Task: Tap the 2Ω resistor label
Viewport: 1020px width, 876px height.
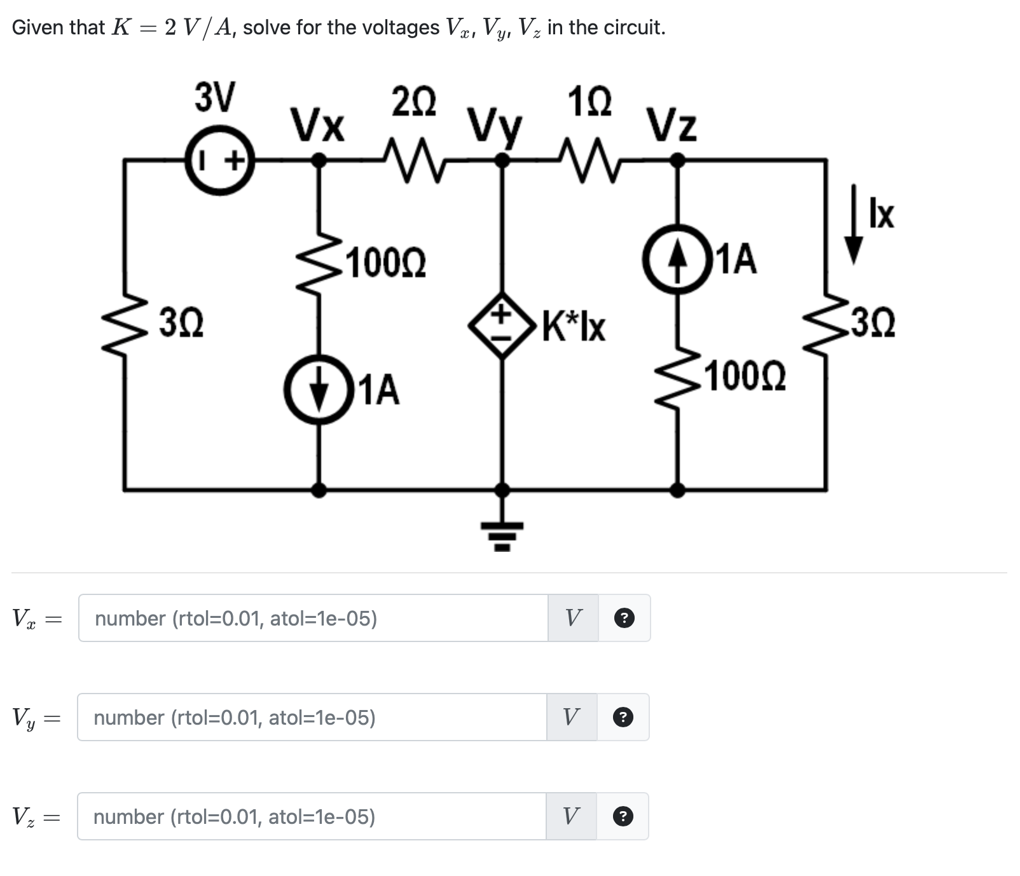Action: (414, 103)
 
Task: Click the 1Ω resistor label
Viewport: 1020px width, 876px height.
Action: (589, 102)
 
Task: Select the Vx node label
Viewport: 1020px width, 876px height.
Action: (318, 125)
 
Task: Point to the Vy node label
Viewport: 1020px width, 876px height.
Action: (495, 127)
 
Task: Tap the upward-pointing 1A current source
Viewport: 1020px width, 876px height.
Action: (678, 259)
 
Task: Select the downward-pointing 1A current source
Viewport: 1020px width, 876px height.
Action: (319, 389)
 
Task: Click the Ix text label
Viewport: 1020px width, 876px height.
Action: (883, 215)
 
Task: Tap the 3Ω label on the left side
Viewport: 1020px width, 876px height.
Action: (181, 323)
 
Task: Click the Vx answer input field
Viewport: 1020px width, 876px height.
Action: (313, 618)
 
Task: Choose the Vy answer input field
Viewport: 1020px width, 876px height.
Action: (312, 717)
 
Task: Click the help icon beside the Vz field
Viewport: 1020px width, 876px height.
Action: (623, 816)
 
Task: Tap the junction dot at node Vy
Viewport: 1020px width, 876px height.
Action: (502, 161)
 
